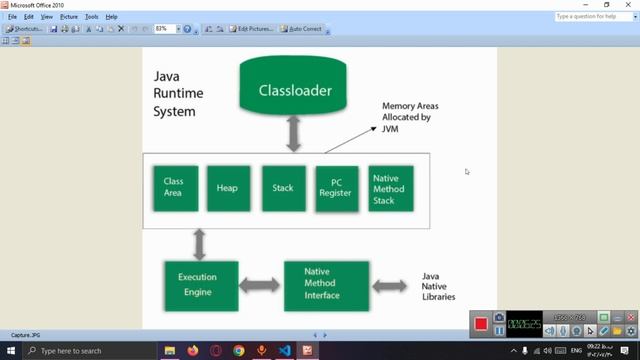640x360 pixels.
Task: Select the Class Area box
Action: pos(174,187)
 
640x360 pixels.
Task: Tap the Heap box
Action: pos(228,187)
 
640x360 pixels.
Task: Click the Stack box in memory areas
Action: pos(282,187)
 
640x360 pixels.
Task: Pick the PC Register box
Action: pos(336,187)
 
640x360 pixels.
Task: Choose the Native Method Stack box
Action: pos(389,187)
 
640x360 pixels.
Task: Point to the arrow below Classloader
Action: pos(294,132)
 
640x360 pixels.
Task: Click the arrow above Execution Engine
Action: pos(199,243)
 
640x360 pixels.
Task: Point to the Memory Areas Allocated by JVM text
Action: pos(410,117)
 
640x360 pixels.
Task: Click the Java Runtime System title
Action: pos(175,94)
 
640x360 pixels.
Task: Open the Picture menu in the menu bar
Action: pos(68,17)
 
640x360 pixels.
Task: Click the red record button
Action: pos(481,324)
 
